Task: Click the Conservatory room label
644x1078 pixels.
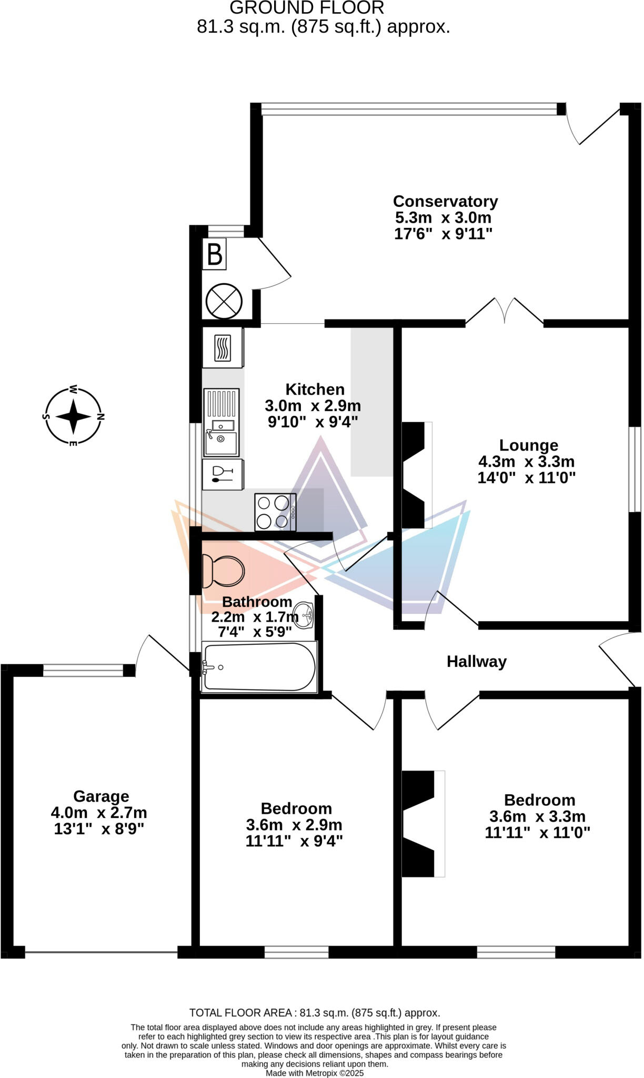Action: tap(445, 202)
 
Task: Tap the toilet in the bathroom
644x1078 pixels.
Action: tap(224, 571)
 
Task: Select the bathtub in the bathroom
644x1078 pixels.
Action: tap(259, 667)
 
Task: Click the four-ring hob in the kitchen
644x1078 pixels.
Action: tap(275, 512)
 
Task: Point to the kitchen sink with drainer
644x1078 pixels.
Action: tap(222, 422)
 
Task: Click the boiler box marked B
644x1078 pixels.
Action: tap(215, 254)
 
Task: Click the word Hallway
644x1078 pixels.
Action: tap(476, 662)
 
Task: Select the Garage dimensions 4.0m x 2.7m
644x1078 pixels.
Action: tap(99, 813)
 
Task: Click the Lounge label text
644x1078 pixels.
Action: tap(528, 445)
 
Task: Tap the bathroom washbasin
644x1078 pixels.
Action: tap(305, 615)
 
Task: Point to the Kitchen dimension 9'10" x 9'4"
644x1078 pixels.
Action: tap(313, 422)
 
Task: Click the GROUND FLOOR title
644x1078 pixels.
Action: tap(307, 8)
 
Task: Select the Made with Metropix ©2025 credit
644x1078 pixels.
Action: tap(314, 1073)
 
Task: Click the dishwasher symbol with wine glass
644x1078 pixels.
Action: tap(223, 474)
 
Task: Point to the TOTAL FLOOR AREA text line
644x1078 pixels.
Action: tap(315, 1013)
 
